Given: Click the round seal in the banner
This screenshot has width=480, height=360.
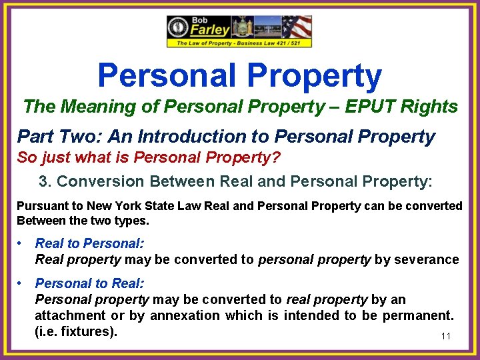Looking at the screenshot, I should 178,28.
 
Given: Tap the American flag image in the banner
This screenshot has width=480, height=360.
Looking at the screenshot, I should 297,27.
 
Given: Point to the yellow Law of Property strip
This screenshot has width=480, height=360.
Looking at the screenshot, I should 239,43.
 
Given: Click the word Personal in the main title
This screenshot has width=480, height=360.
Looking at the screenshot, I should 166,76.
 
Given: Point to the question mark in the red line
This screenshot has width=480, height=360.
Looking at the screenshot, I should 277,159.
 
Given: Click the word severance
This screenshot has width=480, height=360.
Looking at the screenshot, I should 427,259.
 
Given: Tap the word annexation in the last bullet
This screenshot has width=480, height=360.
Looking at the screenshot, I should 186,315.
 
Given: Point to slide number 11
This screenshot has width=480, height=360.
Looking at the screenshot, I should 445,336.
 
